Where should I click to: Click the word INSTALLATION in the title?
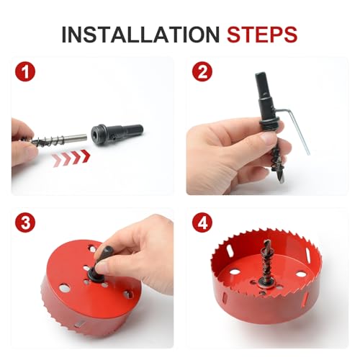click(141, 34)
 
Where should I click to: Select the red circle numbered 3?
click(25, 222)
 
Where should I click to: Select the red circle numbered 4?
click(201, 222)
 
